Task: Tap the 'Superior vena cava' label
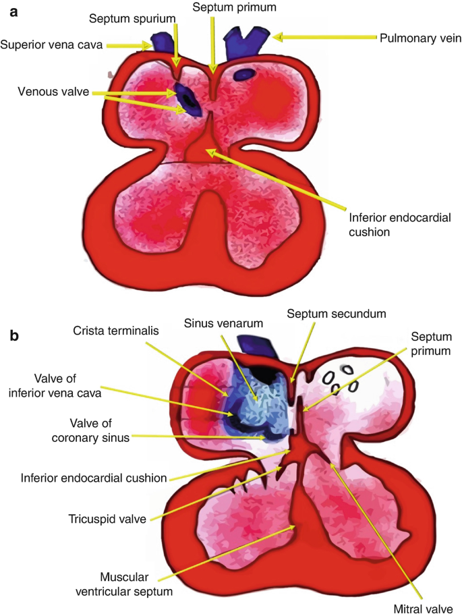[x=69, y=46]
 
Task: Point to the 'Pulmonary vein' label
[x=420, y=39]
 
